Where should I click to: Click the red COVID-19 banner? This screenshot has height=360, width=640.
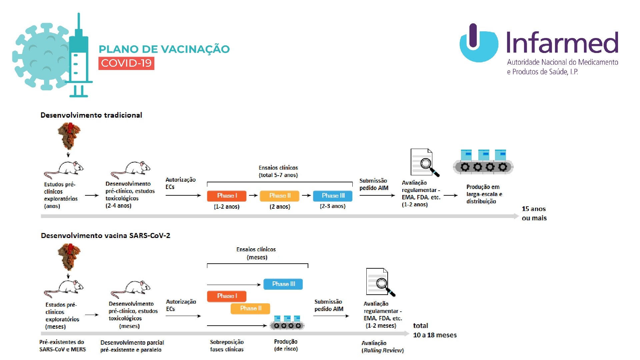(126, 63)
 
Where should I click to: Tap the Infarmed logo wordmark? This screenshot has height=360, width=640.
(562, 43)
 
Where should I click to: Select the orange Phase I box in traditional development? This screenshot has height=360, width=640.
(227, 196)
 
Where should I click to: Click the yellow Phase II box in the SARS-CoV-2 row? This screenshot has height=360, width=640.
(250, 308)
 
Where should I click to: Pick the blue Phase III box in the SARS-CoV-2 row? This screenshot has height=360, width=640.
(283, 284)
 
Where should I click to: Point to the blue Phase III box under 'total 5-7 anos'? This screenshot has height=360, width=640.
(333, 196)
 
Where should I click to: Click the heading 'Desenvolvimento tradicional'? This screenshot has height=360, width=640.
(91, 115)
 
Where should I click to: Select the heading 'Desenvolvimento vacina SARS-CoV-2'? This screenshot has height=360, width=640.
(105, 236)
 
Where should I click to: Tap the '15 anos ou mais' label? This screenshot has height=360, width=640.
(534, 213)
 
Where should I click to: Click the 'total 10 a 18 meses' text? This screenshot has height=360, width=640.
(435, 330)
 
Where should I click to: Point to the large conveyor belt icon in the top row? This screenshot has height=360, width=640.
(483, 162)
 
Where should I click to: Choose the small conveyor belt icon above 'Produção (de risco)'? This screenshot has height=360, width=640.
(287, 323)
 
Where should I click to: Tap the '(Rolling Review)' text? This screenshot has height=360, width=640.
(383, 350)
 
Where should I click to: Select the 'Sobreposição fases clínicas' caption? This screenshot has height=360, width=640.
(227, 346)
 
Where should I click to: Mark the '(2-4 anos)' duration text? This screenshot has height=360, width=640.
(118, 206)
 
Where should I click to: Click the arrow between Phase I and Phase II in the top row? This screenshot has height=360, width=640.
(253, 196)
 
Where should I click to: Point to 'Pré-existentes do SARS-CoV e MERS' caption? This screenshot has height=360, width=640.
(62, 346)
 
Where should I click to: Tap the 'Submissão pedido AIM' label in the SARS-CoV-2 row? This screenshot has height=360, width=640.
(329, 305)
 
